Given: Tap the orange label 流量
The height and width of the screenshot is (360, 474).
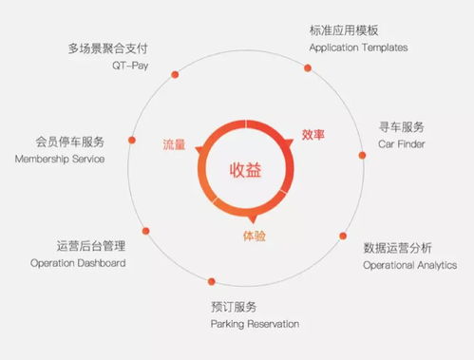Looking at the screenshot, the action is tap(175, 144).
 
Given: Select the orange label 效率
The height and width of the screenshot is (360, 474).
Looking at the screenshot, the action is tap(313, 135).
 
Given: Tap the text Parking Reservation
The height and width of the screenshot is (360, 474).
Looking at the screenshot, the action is tap(255, 324).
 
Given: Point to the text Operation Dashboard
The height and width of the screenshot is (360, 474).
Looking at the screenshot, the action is tap(78, 262).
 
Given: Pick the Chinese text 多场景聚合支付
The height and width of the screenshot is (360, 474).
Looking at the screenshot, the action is tap(108, 47).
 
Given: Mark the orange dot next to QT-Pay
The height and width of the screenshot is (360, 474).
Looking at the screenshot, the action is tap(174, 73).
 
